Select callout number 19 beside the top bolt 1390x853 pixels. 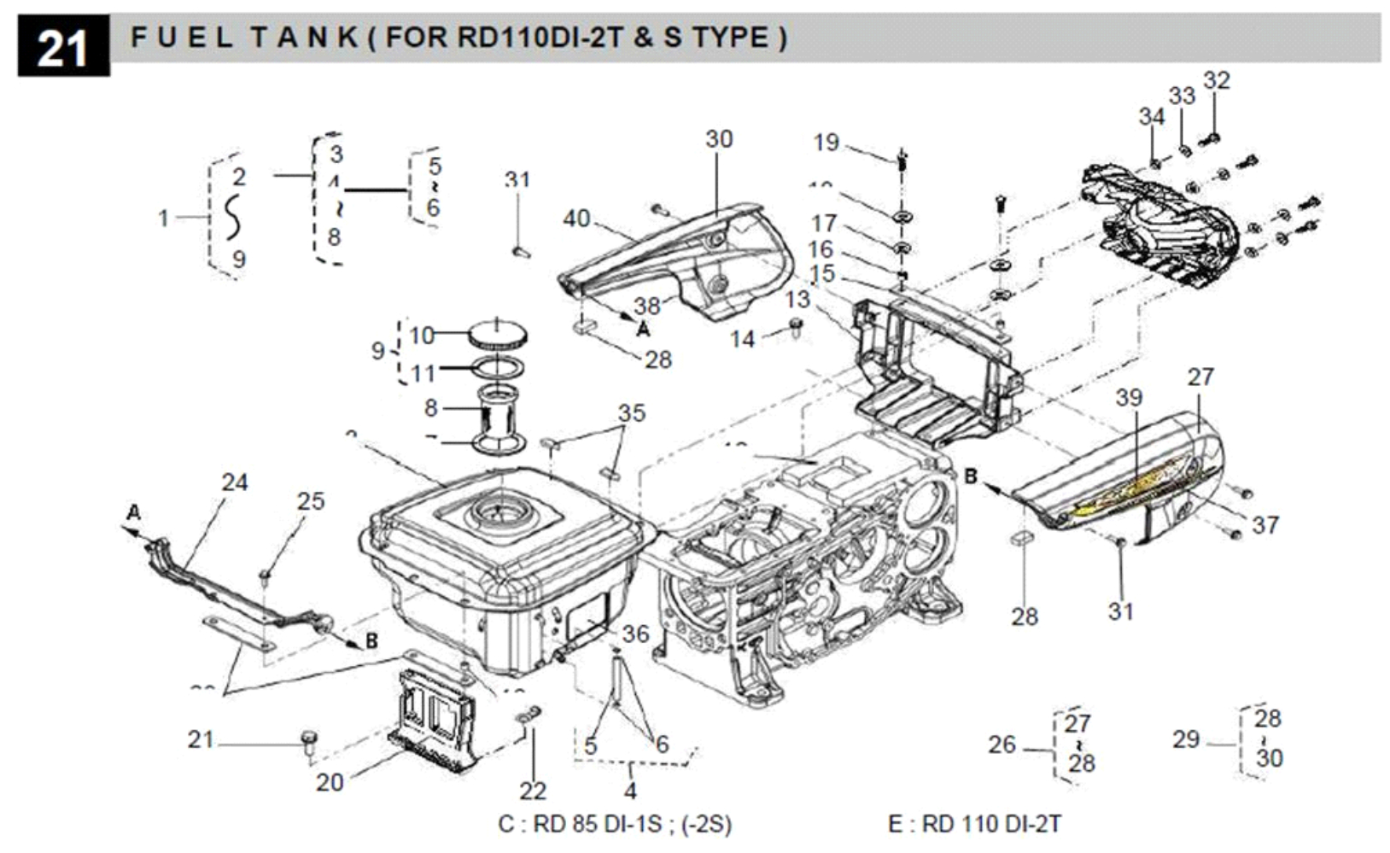[826, 142]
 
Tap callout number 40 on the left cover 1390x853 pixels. [576, 219]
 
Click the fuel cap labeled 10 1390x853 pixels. [498, 334]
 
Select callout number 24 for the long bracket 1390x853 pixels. [235, 482]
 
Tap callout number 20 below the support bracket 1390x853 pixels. [330, 782]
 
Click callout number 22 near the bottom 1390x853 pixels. [533, 791]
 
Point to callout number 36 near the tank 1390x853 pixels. [635, 634]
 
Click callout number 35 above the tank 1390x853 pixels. [632, 413]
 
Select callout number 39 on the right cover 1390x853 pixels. [1129, 398]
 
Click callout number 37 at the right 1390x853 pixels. [1265, 524]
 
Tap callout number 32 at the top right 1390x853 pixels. [1217, 80]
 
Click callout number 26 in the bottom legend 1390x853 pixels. [1002, 745]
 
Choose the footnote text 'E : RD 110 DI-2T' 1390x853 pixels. [974, 824]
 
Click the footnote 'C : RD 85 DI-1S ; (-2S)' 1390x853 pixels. [615, 824]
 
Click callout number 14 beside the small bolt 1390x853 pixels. [742, 339]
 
